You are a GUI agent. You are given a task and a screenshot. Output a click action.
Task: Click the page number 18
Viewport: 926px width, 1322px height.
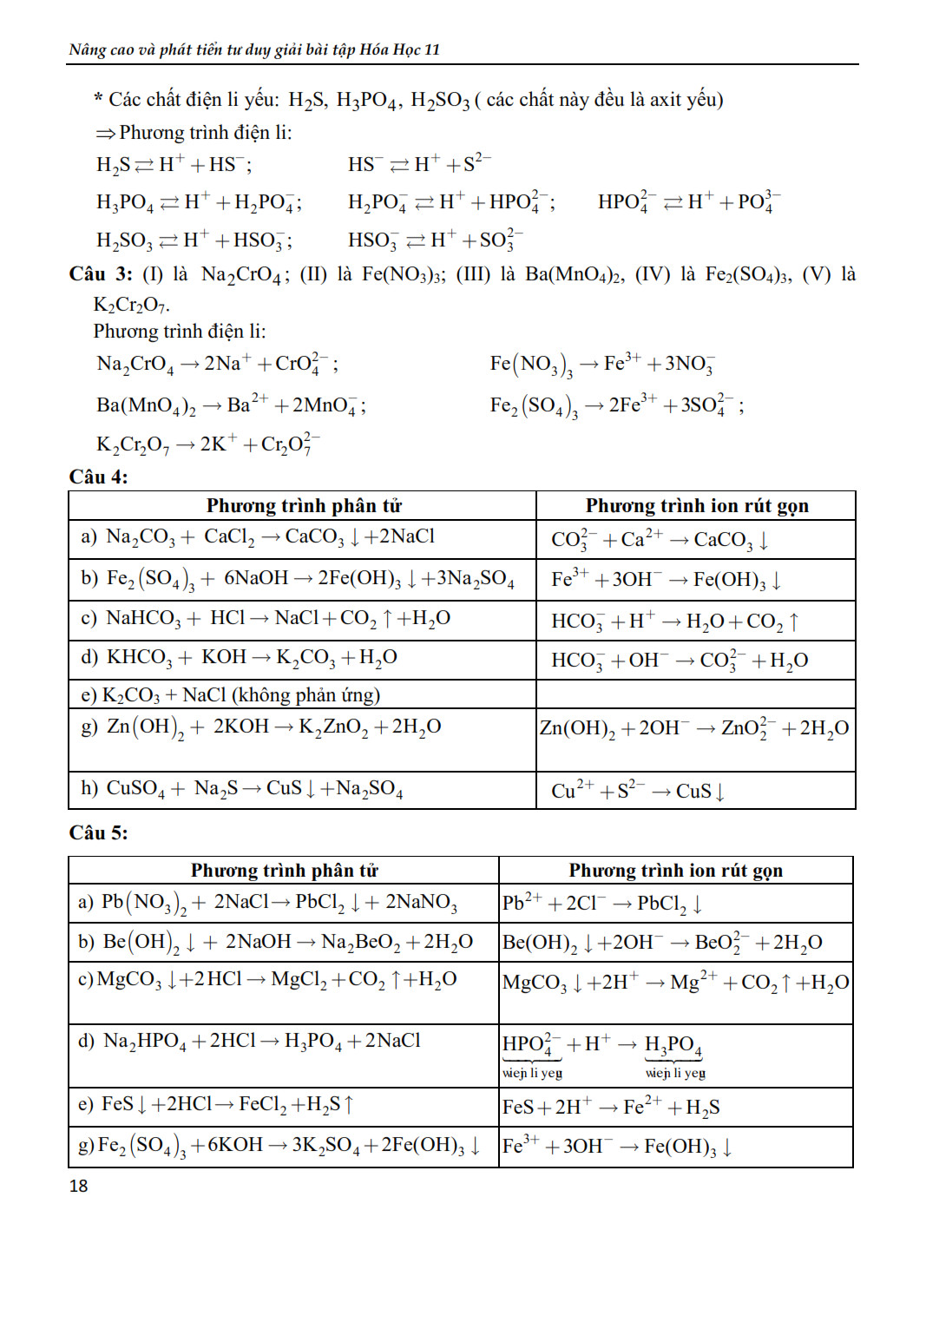[78, 1186]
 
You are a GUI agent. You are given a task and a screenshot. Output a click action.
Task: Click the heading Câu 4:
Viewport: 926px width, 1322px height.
[98, 477]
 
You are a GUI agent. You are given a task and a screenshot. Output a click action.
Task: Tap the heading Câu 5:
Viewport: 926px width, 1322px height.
[98, 832]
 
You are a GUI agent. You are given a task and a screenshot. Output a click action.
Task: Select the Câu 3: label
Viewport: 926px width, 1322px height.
[101, 274]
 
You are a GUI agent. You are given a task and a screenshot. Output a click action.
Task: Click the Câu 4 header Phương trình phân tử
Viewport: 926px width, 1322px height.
[303, 505]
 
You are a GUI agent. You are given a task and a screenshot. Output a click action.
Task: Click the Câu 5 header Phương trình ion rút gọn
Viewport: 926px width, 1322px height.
[675, 870]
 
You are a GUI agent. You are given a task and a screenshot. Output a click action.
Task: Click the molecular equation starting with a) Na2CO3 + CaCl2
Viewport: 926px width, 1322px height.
[258, 537]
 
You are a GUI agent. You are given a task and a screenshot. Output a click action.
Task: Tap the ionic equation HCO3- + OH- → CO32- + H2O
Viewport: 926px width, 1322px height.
[680, 661]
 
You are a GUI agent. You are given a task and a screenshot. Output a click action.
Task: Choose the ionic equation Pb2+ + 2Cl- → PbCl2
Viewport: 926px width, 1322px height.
[602, 904]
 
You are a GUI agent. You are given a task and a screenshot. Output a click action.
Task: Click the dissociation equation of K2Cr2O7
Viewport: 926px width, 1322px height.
[208, 444]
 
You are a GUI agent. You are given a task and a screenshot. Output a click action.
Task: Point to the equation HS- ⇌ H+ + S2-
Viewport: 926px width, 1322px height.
[419, 164]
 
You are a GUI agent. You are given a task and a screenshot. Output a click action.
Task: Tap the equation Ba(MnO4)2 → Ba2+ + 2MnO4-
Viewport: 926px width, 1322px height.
[231, 405]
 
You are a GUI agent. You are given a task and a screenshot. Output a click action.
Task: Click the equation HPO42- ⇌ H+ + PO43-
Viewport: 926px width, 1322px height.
[689, 202]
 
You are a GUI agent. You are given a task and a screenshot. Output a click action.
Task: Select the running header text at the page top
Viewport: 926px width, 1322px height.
[254, 49]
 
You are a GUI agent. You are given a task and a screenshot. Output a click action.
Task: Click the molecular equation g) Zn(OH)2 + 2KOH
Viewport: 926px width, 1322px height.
[261, 727]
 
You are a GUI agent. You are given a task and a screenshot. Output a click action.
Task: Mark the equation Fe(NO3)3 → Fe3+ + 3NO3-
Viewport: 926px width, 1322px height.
[602, 364]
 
